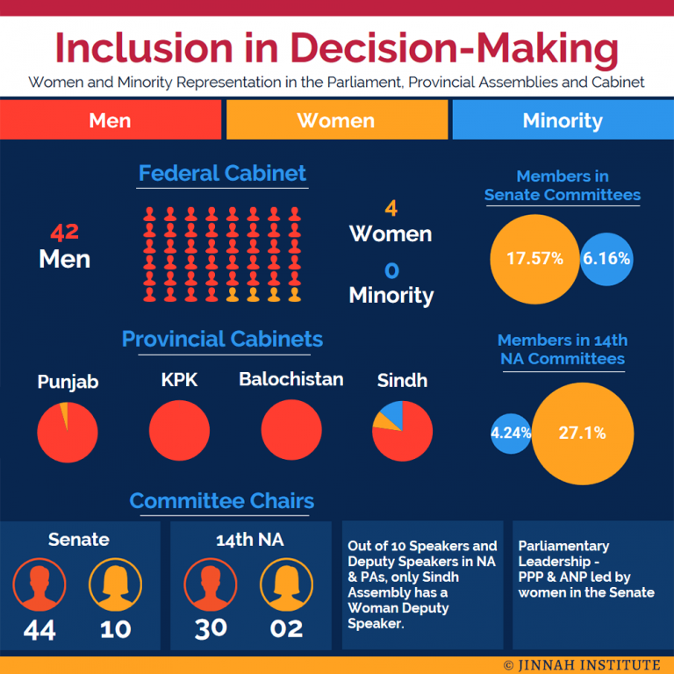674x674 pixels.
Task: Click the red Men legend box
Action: pos(111,120)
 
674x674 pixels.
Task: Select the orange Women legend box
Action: pos(336,120)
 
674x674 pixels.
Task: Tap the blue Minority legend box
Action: pos(563,120)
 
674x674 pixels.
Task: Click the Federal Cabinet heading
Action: pos(223,174)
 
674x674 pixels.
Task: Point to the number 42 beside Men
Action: pos(65,233)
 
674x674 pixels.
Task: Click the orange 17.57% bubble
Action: pos(534,258)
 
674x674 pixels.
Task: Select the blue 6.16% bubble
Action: pos(607,259)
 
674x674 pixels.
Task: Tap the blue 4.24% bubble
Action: pos(511,433)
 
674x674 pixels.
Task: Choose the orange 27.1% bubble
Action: pos(582,433)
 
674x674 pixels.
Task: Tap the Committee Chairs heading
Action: pos(222,501)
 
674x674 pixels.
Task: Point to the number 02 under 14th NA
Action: pos(286,628)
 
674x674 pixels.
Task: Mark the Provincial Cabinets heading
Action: pos(222,340)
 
